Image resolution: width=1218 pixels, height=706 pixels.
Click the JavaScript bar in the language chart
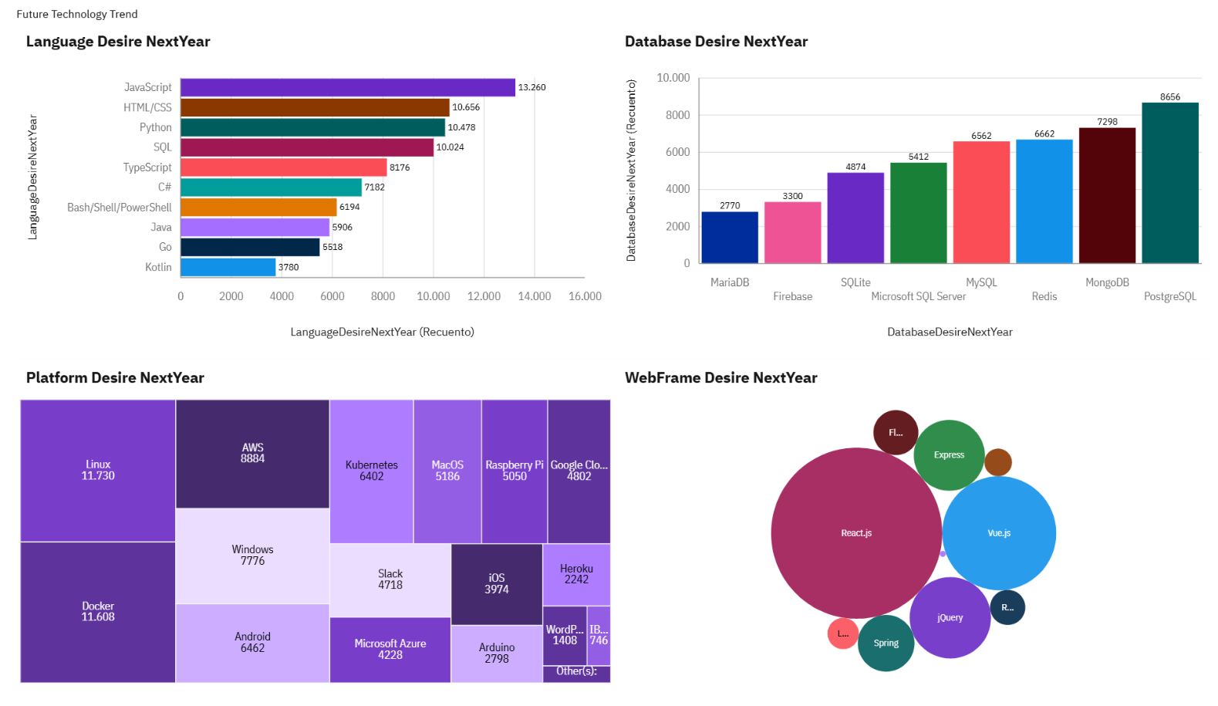(x=347, y=87)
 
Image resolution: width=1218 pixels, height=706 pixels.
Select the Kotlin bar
(x=228, y=267)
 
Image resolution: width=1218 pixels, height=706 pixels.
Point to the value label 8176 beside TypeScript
(x=400, y=167)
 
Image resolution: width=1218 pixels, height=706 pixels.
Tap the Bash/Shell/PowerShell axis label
(x=119, y=208)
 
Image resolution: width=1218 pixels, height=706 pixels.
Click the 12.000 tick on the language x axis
(x=484, y=296)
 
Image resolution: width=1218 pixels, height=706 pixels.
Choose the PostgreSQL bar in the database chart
(x=1169, y=183)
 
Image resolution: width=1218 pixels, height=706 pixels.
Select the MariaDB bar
(x=729, y=238)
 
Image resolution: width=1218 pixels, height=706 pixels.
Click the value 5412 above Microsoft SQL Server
(x=918, y=157)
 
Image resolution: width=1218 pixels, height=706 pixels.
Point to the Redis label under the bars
(x=1044, y=296)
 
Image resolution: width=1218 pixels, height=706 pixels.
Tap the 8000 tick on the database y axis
(x=677, y=115)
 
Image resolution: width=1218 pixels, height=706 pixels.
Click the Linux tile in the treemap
(x=98, y=470)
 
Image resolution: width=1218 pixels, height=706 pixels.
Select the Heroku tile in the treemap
(x=576, y=574)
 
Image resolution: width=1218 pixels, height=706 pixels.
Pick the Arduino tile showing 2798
(x=496, y=653)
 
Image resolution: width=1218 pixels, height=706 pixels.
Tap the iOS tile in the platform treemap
(x=496, y=583)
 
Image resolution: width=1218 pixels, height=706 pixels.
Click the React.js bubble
(x=855, y=533)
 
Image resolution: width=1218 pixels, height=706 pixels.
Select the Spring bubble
(x=886, y=643)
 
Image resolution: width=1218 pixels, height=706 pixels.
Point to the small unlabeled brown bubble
(x=997, y=462)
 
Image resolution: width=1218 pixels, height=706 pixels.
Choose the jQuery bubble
(x=950, y=617)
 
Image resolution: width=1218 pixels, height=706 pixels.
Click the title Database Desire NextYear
(x=716, y=42)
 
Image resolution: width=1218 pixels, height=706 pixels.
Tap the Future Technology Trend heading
(x=77, y=14)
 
